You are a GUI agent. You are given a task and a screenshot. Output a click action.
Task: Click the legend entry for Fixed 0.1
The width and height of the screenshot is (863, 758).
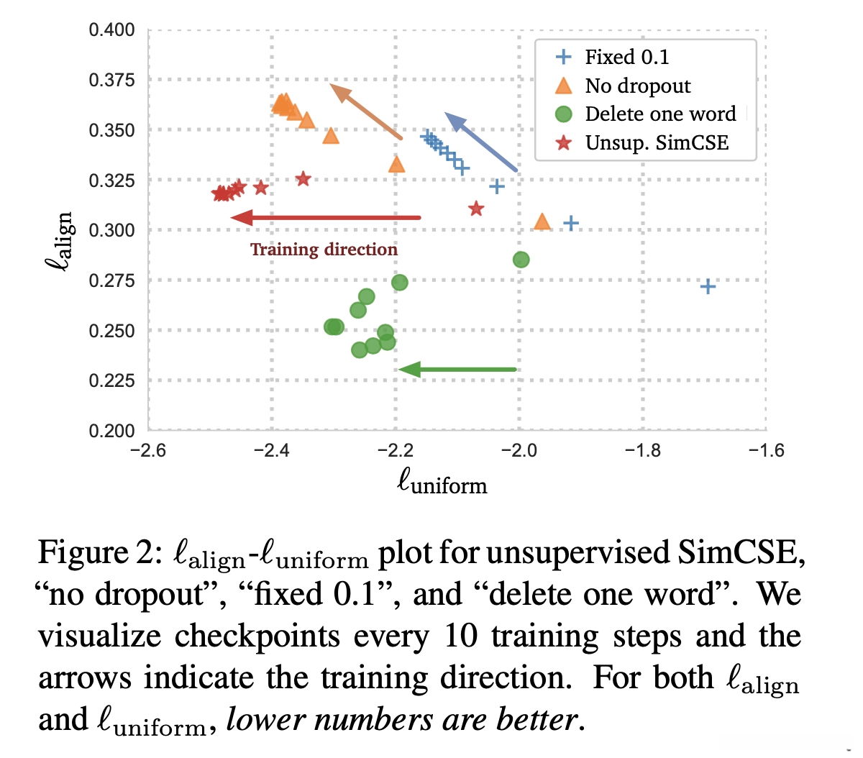coord(626,57)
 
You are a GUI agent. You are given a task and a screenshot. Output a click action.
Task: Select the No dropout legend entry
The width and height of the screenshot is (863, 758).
coord(637,86)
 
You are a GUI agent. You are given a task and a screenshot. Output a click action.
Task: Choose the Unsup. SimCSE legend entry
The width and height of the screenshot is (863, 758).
coord(656,142)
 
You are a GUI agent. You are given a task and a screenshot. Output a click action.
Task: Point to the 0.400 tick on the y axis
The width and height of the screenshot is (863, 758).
coord(111,30)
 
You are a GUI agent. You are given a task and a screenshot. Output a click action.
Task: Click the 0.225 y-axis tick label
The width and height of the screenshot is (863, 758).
coord(111,380)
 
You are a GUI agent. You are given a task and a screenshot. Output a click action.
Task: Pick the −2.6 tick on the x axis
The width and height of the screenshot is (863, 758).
coord(147,451)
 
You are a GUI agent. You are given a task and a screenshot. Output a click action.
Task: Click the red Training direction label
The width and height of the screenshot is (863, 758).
coord(324,250)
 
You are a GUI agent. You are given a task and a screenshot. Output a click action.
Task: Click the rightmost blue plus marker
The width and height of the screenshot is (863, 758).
coord(708,287)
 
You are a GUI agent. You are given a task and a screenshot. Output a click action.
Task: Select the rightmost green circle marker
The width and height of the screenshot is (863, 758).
coord(521,260)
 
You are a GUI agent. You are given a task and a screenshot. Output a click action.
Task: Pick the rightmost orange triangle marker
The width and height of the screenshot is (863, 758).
coord(542,222)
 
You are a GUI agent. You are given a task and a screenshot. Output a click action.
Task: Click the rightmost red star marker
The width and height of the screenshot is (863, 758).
coord(476,209)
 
